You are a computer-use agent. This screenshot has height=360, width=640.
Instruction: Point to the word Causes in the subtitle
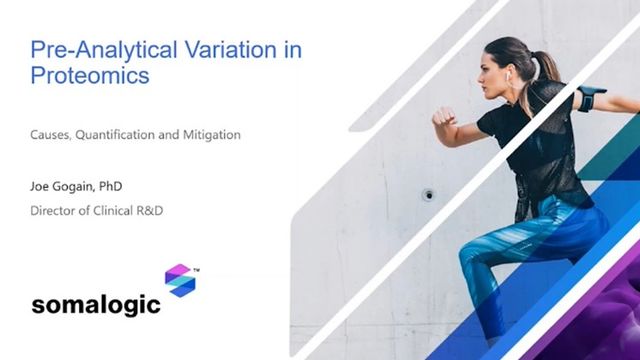coord(51,134)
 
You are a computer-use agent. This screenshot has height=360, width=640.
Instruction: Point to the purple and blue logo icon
coord(180,281)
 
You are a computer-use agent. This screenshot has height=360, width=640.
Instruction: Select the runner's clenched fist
coord(441,117)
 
